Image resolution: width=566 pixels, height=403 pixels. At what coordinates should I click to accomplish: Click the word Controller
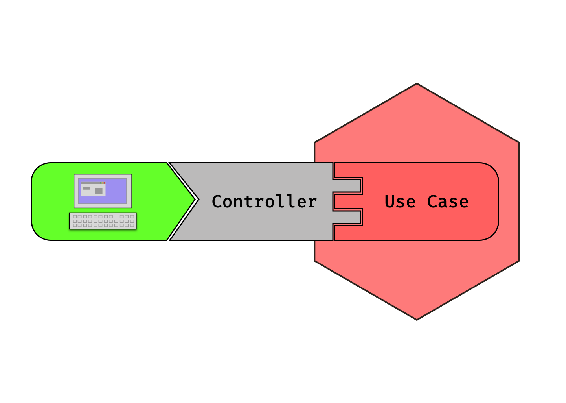pyautogui.click(x=264, y=201)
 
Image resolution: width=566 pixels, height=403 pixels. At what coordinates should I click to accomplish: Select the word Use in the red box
pyautogui.click(x=400, y=201)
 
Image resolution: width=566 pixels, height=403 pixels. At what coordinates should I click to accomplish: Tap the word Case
pyautogui.click(x=448, y=201)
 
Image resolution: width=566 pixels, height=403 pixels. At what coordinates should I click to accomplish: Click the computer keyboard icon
pyautogui.click(x=103, y=221)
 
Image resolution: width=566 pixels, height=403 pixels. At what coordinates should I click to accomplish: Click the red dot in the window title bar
pyautogui.click(x=104, y=183)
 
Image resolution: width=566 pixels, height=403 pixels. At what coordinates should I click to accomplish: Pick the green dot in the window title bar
pyautogui.click(x=101, y=183)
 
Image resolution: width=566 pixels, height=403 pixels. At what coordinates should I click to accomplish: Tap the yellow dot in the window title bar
pyautogui.click(x=103, y=183)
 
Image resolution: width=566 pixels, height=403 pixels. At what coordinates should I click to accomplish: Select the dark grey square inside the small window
pyautogui.click(x=99, y=191)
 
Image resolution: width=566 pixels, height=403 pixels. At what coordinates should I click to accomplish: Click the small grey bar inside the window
pyautogui.click(x=86, y=188)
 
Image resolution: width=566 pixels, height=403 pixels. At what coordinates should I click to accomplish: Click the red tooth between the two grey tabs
pyautogui.click(x=347, y=201)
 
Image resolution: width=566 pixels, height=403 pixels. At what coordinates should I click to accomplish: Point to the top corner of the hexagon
pyautogui.click(x=417, y=84)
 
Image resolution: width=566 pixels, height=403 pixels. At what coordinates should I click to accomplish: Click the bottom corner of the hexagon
pyautogui.click(x=417, y=319)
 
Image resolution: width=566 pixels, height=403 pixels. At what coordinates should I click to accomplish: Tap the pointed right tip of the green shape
pyautogui.click(x=194, y=200)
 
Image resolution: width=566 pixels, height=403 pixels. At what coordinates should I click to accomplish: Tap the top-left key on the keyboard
pyautogui.click(x=75, y=216)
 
